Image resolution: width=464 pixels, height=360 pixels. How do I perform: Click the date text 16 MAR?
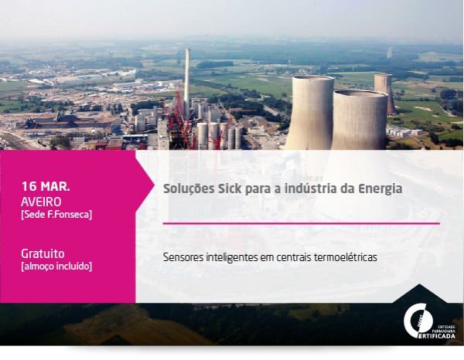click(46, 186)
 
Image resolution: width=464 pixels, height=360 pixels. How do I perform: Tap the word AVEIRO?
click(41, 202)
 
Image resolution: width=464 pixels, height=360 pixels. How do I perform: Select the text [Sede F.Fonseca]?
click(56, 215)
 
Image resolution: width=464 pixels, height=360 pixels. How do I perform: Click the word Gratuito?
click(43, 253)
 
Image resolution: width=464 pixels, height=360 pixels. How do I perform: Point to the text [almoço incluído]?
click(56, 266)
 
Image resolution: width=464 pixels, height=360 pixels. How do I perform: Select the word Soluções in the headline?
click(189, 189)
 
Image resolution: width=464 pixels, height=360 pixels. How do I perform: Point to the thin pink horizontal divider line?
click(302, 223)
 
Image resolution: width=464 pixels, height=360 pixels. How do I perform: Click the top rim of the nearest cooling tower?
click(360, 94)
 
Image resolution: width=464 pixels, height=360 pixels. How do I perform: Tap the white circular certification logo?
click(418, 321)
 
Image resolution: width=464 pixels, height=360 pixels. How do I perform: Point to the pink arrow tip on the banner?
click(153, 185)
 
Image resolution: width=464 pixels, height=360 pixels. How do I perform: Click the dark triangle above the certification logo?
click(419, 294)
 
